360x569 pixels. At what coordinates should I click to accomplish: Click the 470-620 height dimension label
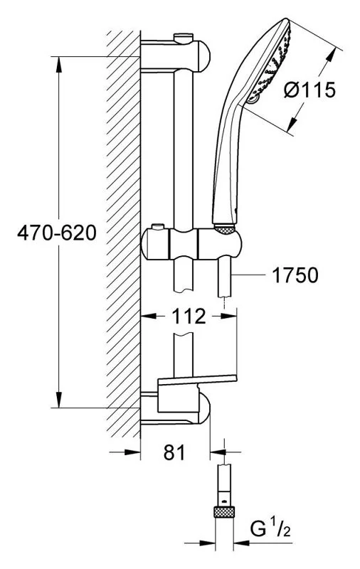[x=57, y=233]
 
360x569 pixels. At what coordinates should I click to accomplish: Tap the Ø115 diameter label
[x=309, y=90]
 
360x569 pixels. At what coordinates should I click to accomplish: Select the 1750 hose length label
[x=295, y=275]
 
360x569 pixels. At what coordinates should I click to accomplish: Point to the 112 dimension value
[x=189, y=316]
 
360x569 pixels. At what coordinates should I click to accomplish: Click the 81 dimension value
[x=174, y=452]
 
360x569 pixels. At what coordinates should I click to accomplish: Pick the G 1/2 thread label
[x=270, y=528]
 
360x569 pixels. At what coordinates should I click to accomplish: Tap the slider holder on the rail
[x=191, y=244]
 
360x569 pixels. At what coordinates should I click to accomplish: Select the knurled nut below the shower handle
[x=225, y=228]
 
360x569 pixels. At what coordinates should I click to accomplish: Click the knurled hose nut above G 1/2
[x=224, y=512]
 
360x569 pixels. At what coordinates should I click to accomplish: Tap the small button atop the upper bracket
[x=184, y=38]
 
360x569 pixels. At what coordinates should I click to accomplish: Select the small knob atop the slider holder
[x=157, y=227]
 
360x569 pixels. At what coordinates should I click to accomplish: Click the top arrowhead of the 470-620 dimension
[x=59, y=65]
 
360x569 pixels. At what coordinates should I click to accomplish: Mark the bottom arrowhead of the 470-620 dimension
[x=59, y=399]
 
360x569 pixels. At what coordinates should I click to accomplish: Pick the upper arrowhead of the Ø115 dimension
[x=331, y=58]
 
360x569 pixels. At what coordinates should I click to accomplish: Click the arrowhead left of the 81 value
[x=132, y=452]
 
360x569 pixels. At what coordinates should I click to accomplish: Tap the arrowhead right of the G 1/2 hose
[x=242, y=543]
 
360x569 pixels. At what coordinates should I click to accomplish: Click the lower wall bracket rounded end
[x=204, y=408]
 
